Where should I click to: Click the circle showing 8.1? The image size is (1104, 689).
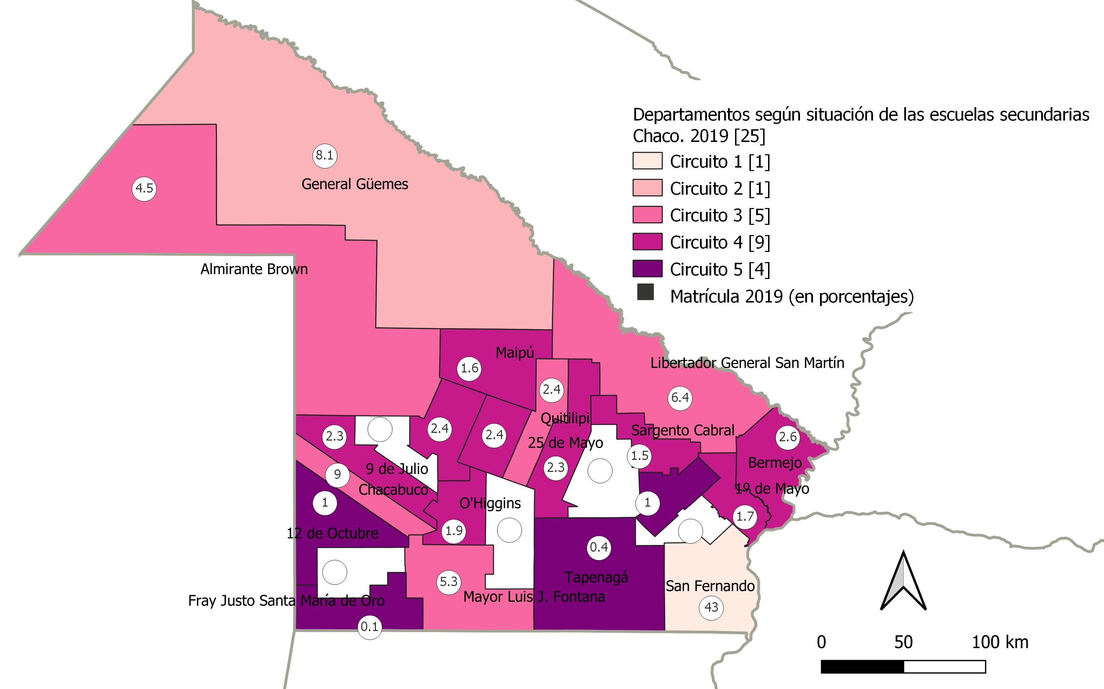pos(325,155)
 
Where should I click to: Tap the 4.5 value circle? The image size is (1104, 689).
pos(144,188)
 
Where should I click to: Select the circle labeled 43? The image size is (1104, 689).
pos(711,607)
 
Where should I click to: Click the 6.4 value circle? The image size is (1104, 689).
pos(680,398)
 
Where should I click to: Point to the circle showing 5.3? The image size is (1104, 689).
pos(448,582)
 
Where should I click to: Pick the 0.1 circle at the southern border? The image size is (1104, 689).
pos(369,627)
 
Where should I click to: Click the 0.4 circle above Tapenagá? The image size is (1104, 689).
pos(599,547)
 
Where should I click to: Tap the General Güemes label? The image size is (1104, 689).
pos(355,184)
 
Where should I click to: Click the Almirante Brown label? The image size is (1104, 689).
pos(254,269)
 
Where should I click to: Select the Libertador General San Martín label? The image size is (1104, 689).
pos(747,363)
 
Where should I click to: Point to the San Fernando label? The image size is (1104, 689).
pos(710,586)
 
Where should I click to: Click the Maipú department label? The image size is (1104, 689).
pos(515,352)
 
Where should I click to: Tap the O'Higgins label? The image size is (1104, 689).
pos(490,503)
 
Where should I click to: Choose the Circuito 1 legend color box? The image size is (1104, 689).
pos(647,161)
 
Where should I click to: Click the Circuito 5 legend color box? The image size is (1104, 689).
pos(647,269)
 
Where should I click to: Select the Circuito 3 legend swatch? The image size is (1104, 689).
pos(647,215)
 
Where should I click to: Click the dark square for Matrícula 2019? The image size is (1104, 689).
pos(645,292)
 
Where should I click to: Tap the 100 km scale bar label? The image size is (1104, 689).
pos(1000,642)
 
